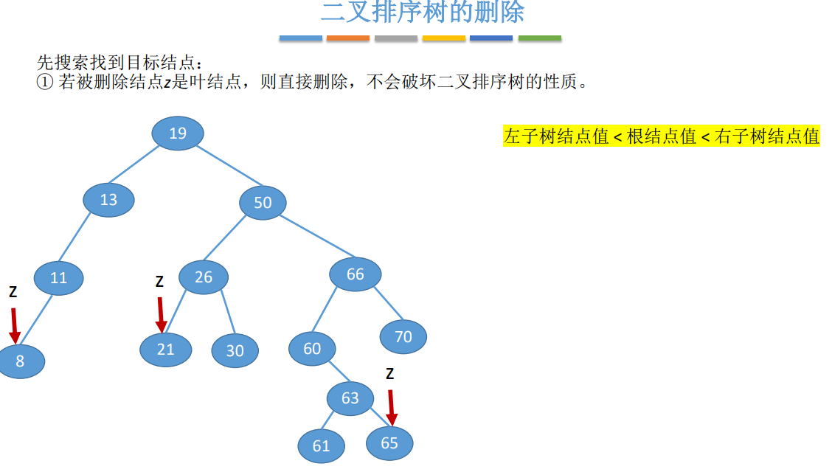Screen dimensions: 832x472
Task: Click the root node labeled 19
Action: [178, 133]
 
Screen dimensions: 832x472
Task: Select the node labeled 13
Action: [109, 200]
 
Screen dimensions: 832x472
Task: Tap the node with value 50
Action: [263, 202]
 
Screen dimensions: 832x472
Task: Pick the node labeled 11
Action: [59, 278]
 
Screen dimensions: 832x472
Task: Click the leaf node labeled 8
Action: [21, 361]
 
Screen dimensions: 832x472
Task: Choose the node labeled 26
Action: [204, 277]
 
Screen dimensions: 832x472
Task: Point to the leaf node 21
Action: [166, 349]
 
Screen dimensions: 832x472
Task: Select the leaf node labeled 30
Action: [235, 351]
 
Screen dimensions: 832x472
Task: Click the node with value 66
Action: [356, 274]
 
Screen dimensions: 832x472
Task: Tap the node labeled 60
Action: [312, 348]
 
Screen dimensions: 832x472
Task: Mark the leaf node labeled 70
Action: [403, 337]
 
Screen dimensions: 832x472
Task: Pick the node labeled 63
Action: [350, 398]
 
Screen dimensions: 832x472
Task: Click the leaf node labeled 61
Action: [322, 445]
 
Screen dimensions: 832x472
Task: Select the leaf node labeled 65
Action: [389, 442]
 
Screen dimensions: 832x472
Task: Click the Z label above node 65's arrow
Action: [389, 374]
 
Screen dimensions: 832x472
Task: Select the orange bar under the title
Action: [348, 38]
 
